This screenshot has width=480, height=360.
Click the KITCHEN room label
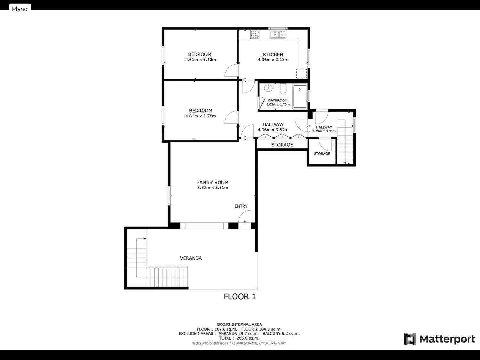273,54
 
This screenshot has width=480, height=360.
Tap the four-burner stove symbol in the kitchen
255,34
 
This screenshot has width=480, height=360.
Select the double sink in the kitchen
278,34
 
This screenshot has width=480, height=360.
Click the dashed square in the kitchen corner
301,74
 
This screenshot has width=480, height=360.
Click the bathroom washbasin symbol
268,88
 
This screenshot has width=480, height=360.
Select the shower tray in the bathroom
300,97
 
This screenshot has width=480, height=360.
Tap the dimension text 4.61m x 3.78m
201,116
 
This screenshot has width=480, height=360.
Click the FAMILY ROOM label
212,182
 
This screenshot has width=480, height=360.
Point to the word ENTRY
241,206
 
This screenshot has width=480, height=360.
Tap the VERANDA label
191,258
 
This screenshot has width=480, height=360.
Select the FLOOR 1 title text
240,297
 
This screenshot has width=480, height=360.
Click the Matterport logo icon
410,339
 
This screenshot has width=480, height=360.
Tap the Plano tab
20,9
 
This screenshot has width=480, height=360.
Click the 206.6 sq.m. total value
248,338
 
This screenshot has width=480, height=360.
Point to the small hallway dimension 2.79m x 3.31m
324,131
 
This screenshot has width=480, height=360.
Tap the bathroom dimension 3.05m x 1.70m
278,105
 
